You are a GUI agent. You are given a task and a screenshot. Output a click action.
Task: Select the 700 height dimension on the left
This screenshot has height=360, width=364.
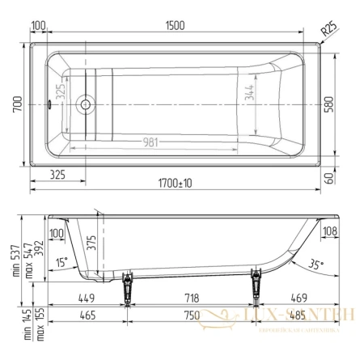pos(17,104)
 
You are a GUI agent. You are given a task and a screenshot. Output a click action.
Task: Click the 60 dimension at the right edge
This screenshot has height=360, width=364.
pos(329,177)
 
